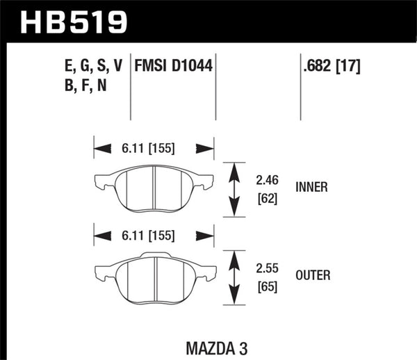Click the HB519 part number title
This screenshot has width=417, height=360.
[x=75, y=22]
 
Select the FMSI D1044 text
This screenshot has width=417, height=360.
[x=173, y=67]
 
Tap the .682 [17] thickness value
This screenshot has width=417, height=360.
[x=331, y=67]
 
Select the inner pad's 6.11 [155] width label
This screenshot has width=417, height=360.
[x=147, y=148]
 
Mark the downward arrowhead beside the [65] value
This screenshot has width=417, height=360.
[x=234, y=297]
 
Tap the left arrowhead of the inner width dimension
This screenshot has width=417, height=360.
[x=102, y=148]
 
